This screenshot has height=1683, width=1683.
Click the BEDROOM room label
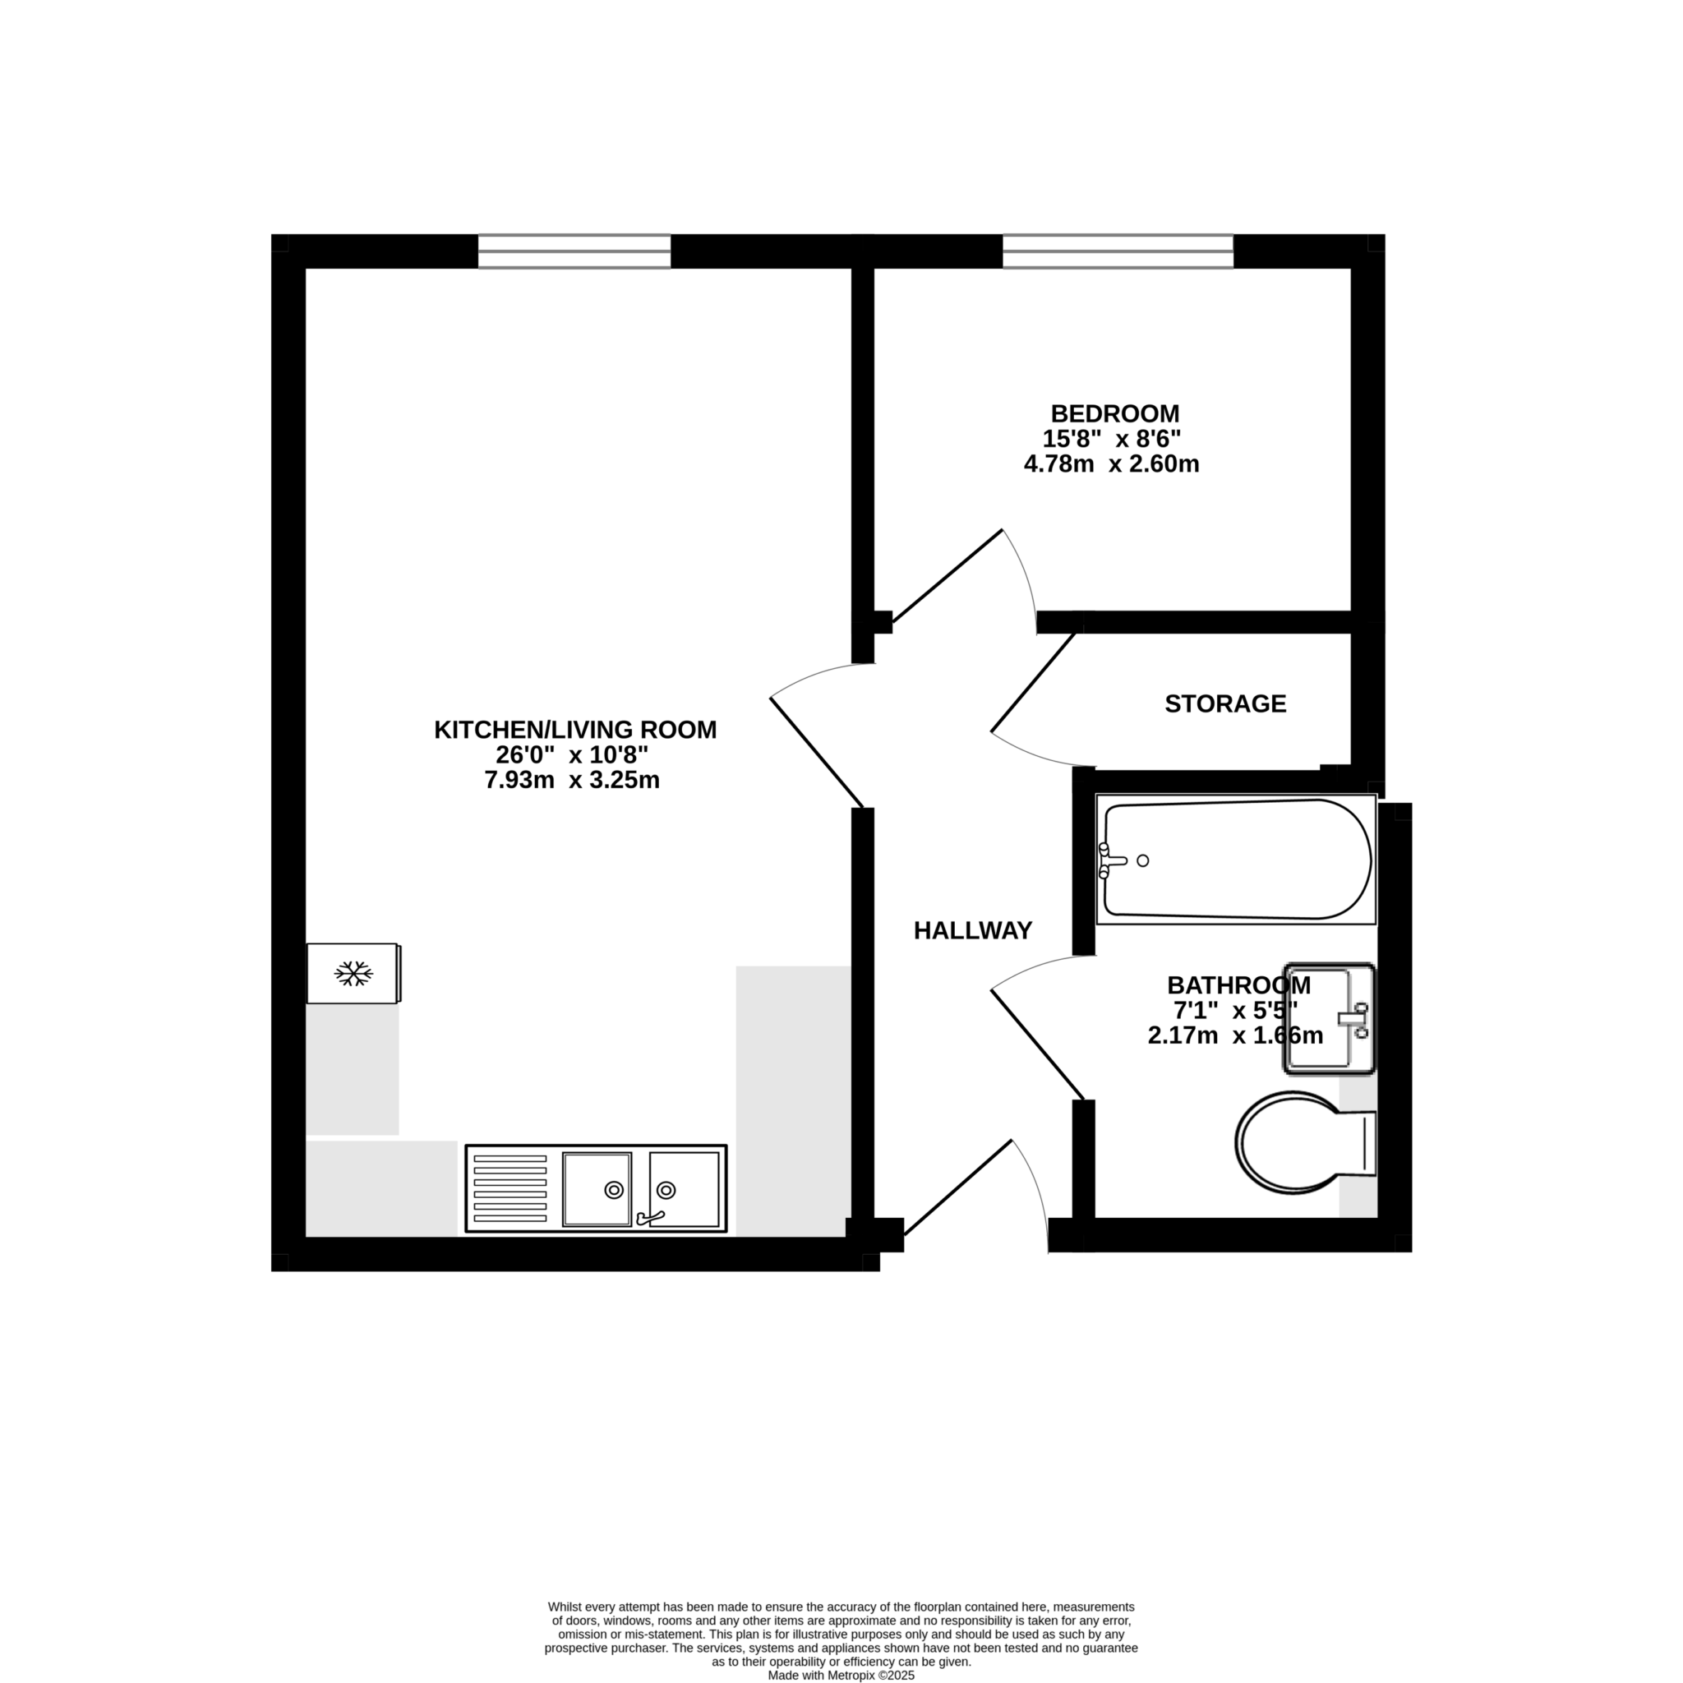click(1114, 414)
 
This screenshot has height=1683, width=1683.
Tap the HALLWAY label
click(972, 931)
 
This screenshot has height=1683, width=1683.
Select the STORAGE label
click(1224, 704)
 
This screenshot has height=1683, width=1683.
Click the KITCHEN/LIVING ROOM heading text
click(575, 730)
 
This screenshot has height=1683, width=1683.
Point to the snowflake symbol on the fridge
click(353, 974)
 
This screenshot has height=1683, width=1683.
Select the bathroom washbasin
click(1329, 1017)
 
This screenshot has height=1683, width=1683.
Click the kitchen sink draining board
click(510, 1188)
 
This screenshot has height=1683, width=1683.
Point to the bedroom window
click(1118, 251)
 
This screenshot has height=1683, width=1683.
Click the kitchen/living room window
click(574, 251)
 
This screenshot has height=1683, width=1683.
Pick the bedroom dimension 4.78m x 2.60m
click(1111, 464)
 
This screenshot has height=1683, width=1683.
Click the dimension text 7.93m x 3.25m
click(571, 781)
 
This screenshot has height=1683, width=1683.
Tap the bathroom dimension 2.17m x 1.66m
click(1235, 1035)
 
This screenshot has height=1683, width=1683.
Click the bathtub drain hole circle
click(1143, 860)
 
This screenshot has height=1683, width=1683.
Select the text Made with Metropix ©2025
click(841, 1675)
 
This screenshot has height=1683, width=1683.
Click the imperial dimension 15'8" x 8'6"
click(1111, 439)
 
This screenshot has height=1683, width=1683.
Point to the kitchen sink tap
click(650, 1217)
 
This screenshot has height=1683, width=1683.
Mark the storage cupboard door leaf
click(1033, 682)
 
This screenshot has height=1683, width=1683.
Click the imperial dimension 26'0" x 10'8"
click(571, 755)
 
